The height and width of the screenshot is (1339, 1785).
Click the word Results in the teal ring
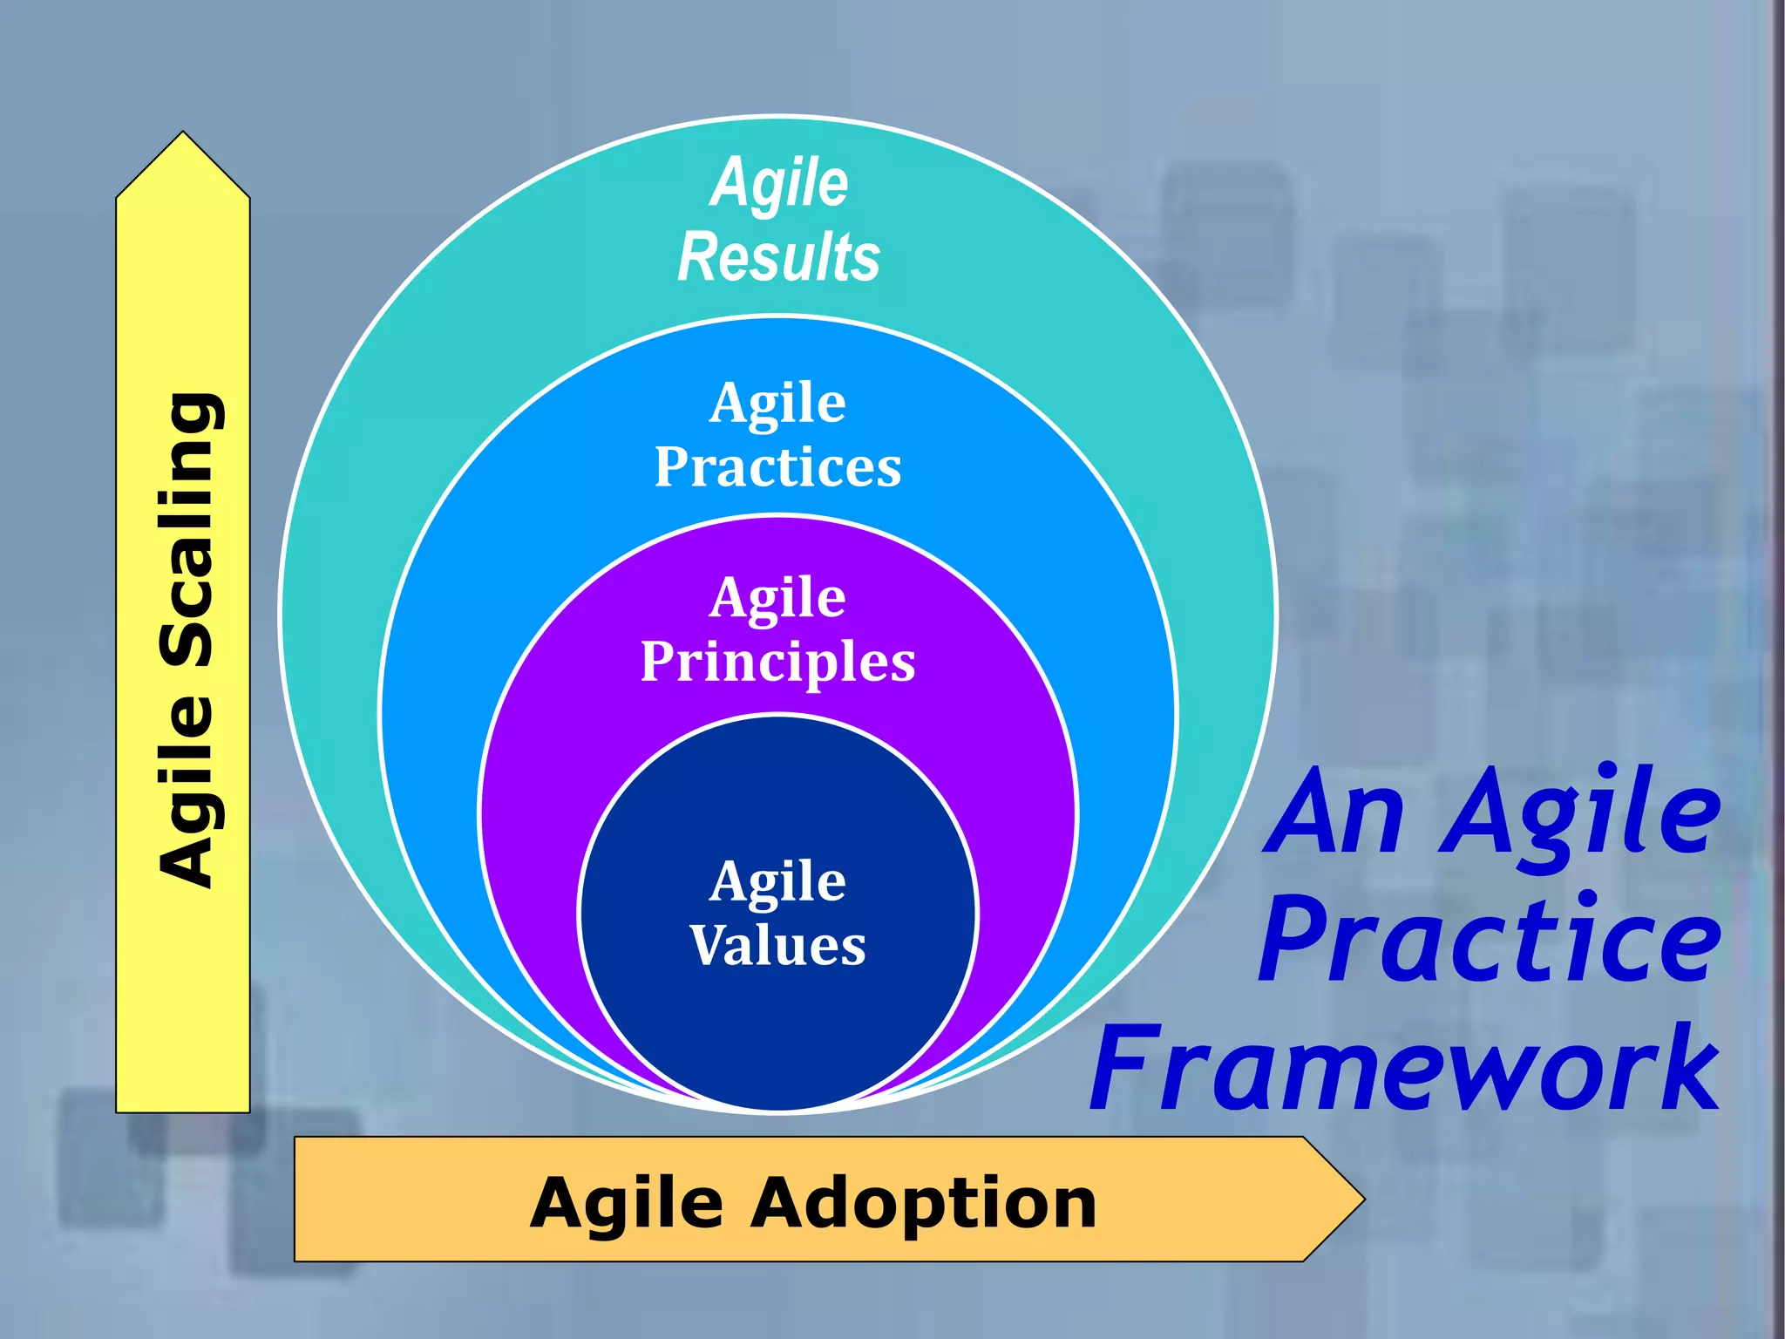coord(778,258)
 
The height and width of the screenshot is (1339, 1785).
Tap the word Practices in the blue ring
coord(777,468)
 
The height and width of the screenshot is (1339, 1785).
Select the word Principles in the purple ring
coord(777,663)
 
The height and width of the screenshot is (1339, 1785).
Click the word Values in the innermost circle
coord(777,946)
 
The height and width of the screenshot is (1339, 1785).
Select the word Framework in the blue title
coord(1405,1069)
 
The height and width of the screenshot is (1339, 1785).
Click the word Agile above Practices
coord(777,404)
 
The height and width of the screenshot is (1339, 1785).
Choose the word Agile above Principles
coord(777,599)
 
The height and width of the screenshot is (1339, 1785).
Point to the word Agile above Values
coord(777,882)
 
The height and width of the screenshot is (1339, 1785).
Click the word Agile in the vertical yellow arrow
coord(187,793)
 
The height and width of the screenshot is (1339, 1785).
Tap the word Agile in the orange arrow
coord(627,1204)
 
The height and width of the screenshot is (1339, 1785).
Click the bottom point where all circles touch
coord(778,1111)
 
